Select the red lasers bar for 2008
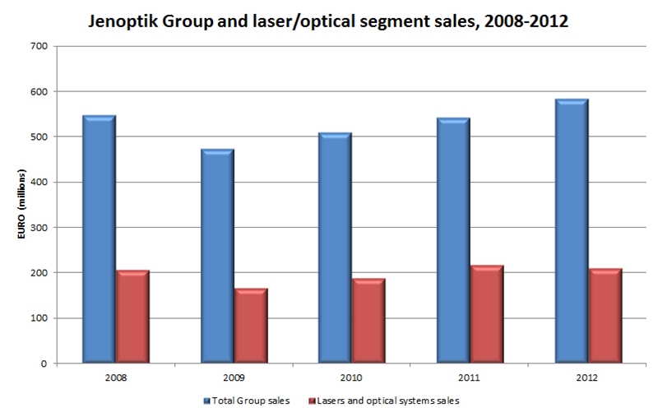tap(132, 317)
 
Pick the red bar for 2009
tap(251, 326)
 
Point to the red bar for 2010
tap(369, 321)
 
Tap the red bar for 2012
tap(606, 316)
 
